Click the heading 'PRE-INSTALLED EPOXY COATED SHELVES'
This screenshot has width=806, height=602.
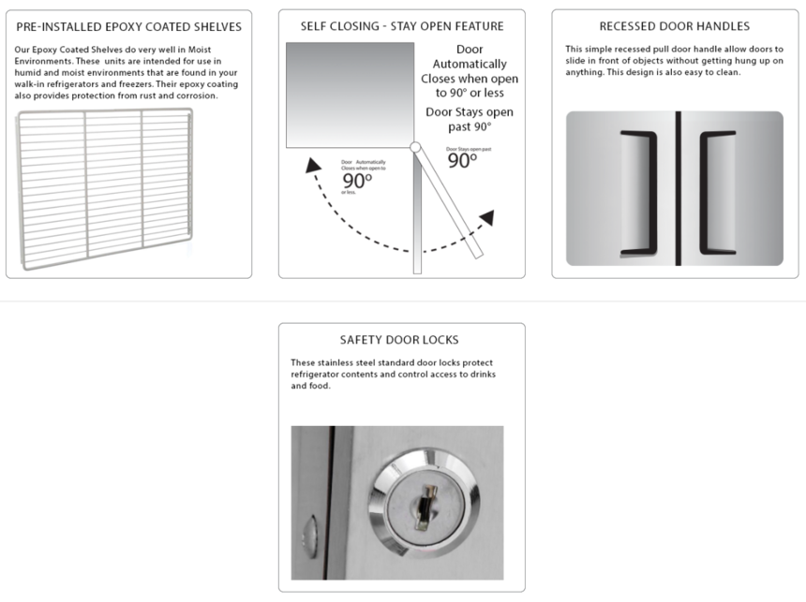pyautogui.click(x=128, y=26)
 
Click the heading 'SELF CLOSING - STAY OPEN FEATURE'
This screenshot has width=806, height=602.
pyautogui.click(x=402, y=26)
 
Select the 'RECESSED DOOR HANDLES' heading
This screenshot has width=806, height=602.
pyautogui.click(x=675, y=26)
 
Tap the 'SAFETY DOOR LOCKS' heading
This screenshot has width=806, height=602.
pyautogui.click(x=400, y=340)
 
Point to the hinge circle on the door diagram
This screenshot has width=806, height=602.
pyautogui.click(x=415, y=146)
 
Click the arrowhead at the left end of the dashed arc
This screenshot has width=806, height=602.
pyautogui.click(x=306, y=168)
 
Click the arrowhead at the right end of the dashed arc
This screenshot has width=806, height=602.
pyautogui.click(x=486, y=218)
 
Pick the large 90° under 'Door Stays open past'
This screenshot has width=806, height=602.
pyautogui.click(x=462, y=160)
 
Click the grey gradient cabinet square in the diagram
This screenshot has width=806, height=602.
pyautogui.click(x=350, y=94)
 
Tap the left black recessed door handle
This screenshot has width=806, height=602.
pyautogui.click(x=639, y=193)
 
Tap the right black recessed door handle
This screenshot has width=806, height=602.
pyautogui.click(x=714, y=193)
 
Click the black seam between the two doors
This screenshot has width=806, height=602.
pyautogui.click(x=678, y=188)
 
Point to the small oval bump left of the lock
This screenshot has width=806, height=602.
pyautogui.click(x=308, y=536)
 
